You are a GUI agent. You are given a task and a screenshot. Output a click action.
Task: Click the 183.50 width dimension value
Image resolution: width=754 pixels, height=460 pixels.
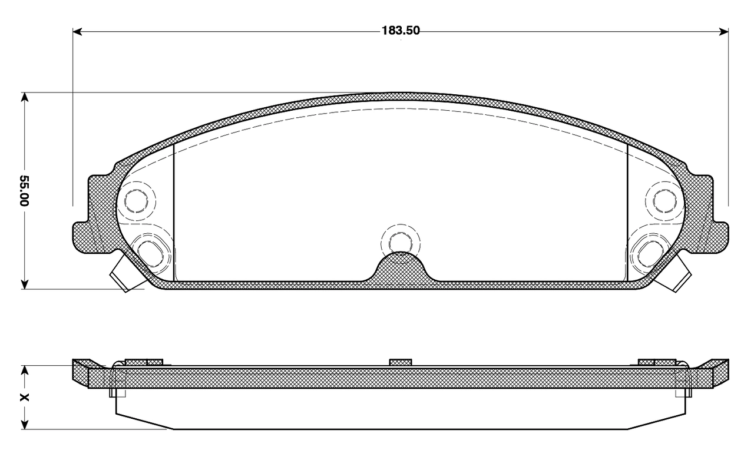click(x=401, y=31)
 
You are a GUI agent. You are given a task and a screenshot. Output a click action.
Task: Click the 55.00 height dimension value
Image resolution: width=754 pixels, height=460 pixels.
click(x=24, y=190)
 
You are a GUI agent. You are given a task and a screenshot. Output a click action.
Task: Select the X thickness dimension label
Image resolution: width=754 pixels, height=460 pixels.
click(x=24, y=398)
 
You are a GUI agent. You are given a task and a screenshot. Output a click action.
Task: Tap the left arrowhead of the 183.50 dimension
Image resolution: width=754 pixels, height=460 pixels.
click(x=77, y=32)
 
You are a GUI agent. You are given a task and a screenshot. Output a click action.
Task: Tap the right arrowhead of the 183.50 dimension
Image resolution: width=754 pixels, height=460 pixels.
click(x=724, y=32)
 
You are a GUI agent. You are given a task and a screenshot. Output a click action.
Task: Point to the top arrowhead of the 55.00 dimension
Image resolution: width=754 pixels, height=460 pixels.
click(x=25, y=97)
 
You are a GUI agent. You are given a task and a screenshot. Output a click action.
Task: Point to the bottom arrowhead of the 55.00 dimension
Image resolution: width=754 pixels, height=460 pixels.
click(x=25, y=284)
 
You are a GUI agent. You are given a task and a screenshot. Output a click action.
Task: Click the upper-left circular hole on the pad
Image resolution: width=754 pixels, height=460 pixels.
click(x=136, y=201)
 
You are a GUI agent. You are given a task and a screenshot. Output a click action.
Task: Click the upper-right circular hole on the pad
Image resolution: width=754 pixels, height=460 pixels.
click(x=665, y=201)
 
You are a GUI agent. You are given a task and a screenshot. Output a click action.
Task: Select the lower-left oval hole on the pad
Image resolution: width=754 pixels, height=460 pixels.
click(x=150, y=254)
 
